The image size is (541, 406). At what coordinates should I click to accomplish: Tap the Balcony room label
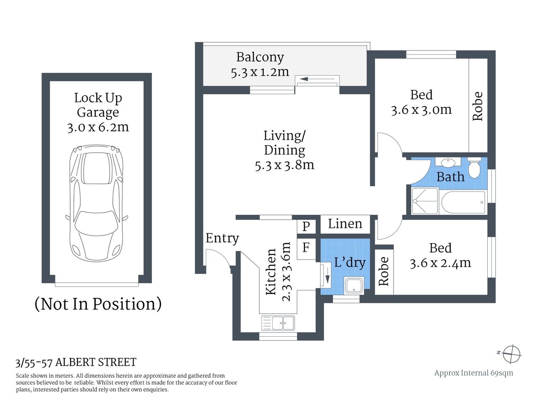tap(260, 57)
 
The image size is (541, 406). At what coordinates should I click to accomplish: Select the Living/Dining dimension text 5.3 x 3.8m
tap(284, 165)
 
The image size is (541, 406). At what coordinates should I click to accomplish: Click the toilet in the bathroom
tap(474, 167)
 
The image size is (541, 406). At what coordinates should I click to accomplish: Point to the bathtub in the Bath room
tap(463, 203)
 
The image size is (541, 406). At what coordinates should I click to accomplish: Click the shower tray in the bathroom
tap(425, 201)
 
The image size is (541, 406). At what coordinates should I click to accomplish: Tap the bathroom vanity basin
tap(448, 162)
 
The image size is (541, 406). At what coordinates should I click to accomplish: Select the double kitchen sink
tap(278, 323)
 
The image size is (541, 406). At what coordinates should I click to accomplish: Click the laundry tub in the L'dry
tap(353, 285)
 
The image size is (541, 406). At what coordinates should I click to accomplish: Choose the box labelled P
tap(306, 226)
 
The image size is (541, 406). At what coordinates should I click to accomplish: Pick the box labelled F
tap(306, 247)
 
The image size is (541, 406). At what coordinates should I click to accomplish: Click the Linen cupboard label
tap(345, 224)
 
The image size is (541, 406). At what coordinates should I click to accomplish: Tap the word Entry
tap(222, 238)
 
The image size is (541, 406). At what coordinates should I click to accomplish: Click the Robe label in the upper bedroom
tap(478, 106)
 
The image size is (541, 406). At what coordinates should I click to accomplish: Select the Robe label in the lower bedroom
tap(384, 272)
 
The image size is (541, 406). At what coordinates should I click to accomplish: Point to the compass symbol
tap(511, 354)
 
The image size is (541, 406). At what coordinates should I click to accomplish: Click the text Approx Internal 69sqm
tap(473, 373)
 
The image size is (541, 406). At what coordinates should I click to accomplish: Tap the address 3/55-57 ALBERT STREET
tap(76, 362)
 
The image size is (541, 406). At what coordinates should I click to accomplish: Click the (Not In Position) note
tap(98, 304)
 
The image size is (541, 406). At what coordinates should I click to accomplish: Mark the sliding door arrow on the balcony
tap(317, 79)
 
